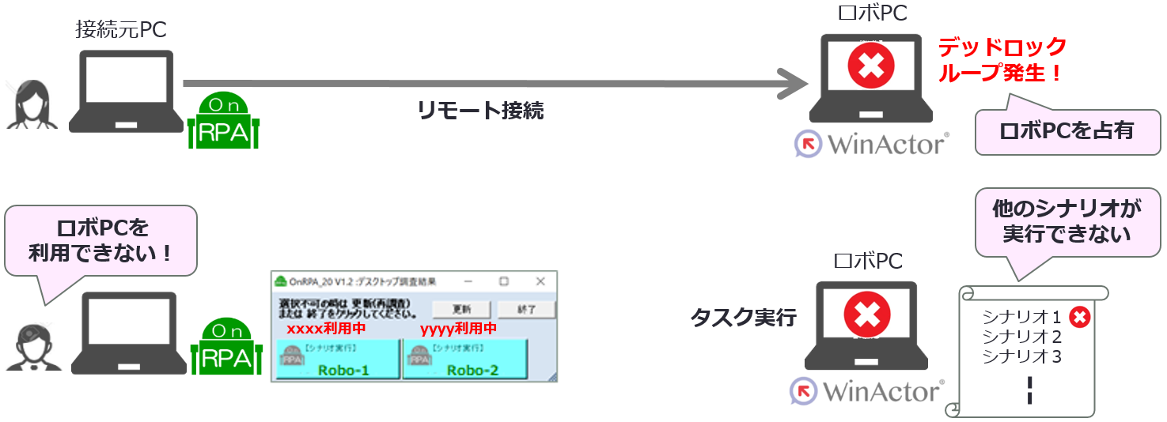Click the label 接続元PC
(x=121, y=29)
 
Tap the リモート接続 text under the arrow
(x=480, y=111)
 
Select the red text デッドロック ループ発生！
(x=1002, y=60)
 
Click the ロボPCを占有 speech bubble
(x=1067, y=130)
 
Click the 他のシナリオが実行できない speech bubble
(x=1056, y=221)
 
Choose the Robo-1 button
(x=336, y=359)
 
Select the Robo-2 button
(x=464, y=359)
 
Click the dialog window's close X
(x=540, y=281)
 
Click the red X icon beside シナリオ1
(x=1079, y=318)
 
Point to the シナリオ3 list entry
(x=1021, y=356)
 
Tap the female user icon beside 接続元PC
(x=32, y=104)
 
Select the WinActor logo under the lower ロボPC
(x=867, y=390)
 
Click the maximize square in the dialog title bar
(x=503, y=281)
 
